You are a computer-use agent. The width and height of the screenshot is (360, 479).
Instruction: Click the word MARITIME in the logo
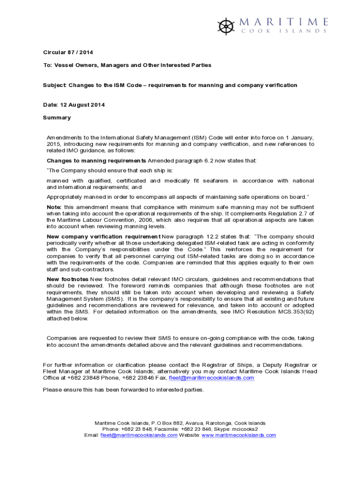[x=284, y=22]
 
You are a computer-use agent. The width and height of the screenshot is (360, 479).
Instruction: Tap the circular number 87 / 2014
[x=80, y=52]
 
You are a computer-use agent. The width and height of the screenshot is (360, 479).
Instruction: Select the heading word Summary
[x=57, y=117]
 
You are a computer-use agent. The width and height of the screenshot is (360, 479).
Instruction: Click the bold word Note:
[x=55, y=207]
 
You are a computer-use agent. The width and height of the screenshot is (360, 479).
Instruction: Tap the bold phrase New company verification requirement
[x=104, y=236]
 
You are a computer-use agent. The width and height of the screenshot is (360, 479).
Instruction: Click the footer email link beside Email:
[x=139, y=435]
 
